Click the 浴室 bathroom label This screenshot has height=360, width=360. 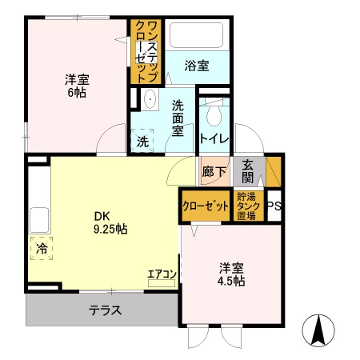pos(197,66)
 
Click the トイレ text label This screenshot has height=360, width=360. pos(214,139)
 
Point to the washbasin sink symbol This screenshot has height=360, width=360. pos(150,101)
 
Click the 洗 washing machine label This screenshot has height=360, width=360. pos(142,142)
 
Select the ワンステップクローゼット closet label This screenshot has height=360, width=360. pos(146,50)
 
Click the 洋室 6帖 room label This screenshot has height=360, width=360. pos(77,86)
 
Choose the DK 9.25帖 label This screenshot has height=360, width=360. pos(110,222)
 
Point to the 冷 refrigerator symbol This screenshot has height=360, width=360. pos(41,249)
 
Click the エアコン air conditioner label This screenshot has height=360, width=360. pos(162,274)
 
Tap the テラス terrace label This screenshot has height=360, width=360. pos(105,310)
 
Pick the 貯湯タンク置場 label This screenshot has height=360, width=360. pos(247,205)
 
